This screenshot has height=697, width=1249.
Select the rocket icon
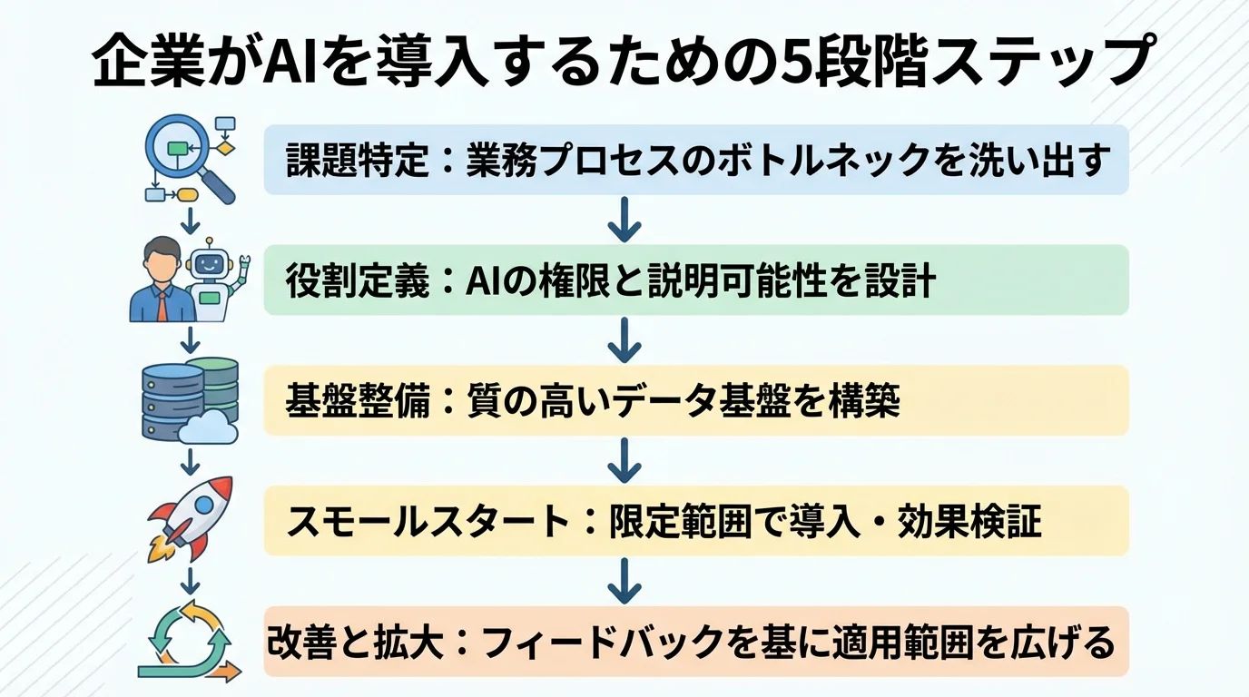click(192, 516)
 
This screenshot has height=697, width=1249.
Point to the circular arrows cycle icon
click(192, 639)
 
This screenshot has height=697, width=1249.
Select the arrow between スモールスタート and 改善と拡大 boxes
click(624, 581)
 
